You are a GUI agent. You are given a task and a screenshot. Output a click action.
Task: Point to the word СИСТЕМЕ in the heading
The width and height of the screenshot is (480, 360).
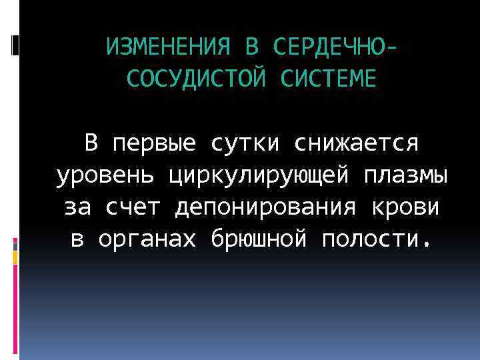tap(328, 78)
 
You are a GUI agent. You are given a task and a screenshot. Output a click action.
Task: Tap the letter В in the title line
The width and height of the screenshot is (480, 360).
tap(251, 47)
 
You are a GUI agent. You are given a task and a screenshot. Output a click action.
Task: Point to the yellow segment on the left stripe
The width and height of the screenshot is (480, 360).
tap(15, 257)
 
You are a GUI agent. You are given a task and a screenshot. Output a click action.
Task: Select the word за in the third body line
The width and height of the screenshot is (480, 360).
tap(79, 207)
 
